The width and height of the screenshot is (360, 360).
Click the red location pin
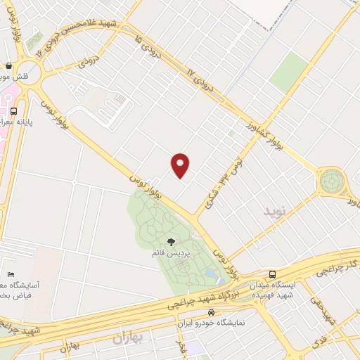click(181, 165)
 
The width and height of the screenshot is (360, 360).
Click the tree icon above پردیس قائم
click(170, 243)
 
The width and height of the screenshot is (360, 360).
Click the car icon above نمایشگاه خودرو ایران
click(211, 311)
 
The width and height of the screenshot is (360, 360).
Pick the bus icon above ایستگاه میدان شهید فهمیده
click(272, 274)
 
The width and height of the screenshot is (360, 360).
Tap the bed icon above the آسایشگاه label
click(11, 274)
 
